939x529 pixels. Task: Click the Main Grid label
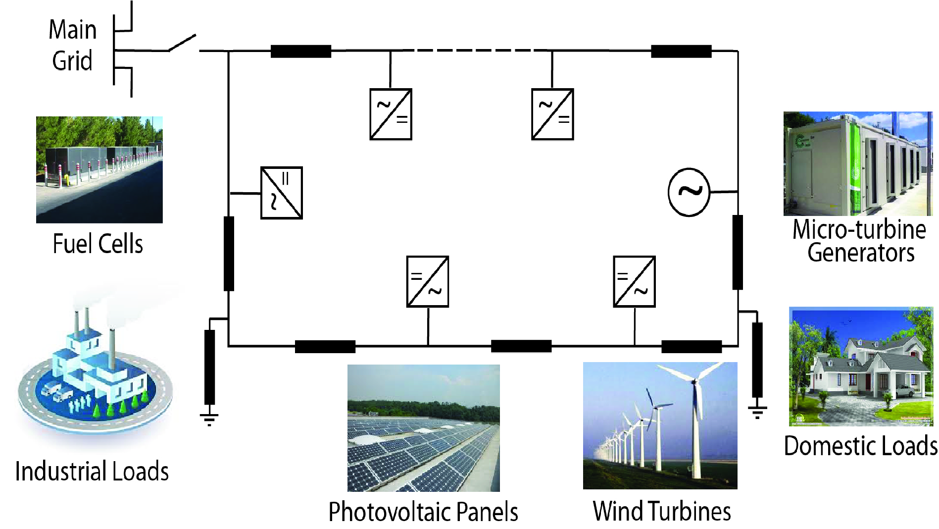(72, 45)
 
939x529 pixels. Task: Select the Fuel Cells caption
(98, 244)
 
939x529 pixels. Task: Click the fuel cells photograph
(99, 169)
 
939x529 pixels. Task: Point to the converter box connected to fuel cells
(281, 193)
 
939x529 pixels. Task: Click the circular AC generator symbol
(689, 192)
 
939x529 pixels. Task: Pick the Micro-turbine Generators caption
(860, 241)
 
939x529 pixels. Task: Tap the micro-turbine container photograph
(857, 163)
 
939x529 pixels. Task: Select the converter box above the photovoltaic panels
(428, 281)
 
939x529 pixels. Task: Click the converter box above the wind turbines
(634, 281)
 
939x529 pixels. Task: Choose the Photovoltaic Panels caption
(423, 512)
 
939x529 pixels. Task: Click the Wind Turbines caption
(662, 511)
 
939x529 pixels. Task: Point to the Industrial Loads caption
(92, 471)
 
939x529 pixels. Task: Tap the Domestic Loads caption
(861, 446)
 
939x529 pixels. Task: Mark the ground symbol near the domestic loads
(757, 411)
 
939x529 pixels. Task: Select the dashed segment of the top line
(470, 50)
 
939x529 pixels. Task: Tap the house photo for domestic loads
(861, 367)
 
